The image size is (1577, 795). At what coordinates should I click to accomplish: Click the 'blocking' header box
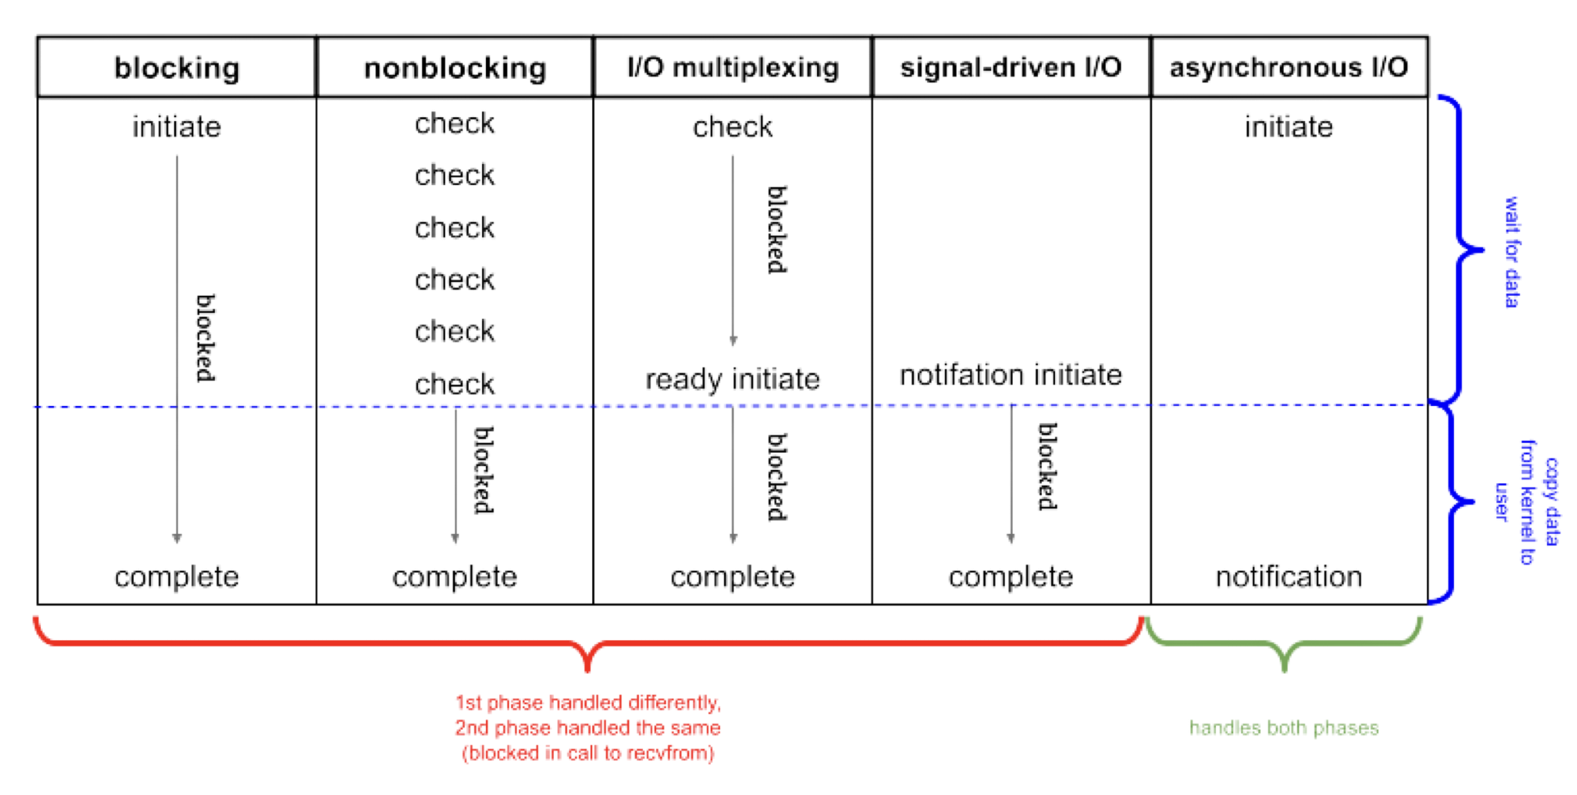click(176, 68)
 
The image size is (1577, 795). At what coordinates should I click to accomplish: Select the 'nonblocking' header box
click(454, 68)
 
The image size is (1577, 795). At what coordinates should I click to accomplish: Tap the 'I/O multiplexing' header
click(732, 68)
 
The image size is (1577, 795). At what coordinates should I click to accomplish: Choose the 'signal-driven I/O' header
click(1010, 68)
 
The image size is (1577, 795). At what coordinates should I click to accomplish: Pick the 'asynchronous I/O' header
click(1289, 68)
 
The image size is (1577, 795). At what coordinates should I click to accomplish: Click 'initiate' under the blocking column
click(176, 126)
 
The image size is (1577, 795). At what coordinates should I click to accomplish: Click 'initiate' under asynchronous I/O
click(1289, 126)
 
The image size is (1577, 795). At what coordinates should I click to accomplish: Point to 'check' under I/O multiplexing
click(732, 126)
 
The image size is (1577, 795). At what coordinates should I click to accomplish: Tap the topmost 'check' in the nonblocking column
click(454, 123)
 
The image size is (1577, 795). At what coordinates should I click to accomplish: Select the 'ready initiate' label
click(732, 379)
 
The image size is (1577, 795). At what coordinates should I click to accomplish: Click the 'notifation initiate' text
click(1010, 375)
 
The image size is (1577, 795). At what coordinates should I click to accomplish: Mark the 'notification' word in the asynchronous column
click(1289, 576)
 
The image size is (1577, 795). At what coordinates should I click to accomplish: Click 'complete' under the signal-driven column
click(1010, 576)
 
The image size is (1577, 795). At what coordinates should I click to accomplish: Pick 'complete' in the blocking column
click(176, 576)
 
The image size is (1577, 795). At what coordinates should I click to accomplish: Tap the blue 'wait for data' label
click(1512, 252)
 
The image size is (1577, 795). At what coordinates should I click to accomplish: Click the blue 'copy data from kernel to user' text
click(1528, 502)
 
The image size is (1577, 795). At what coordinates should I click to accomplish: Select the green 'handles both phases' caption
click(1284, 728)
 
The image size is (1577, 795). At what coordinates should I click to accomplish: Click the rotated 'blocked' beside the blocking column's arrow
click(206, 337)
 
